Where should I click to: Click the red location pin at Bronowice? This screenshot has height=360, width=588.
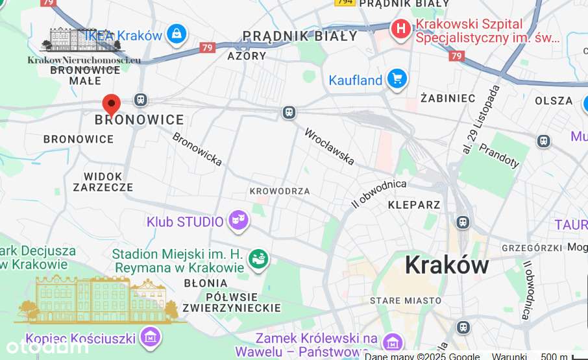click(x=112, y=104)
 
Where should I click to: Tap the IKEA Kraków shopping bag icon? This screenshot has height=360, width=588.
click(x=176, y=34)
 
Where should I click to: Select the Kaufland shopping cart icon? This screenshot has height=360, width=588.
click(x=397, y=80)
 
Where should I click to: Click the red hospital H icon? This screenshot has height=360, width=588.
click(x=401, y=29)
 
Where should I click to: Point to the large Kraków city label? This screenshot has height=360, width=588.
click(x=447, y=265)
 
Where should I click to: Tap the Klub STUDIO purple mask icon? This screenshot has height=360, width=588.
click(x=238, y=222)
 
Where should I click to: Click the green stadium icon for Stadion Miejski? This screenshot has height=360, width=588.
click(x=258, y=259)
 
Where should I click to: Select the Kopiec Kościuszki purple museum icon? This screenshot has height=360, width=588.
click(x=151, y=337)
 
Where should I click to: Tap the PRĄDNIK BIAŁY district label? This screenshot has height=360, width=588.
click(x=300, y=36)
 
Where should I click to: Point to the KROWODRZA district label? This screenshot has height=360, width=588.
click(x=280, y=191)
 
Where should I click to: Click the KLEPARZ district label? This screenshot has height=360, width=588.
click(x=414, y=205)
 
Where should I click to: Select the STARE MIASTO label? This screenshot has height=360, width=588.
click(x=405, y=301)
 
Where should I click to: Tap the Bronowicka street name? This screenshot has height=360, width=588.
click(x=197, y=149)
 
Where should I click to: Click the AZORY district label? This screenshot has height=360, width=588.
click(x=247, y=56)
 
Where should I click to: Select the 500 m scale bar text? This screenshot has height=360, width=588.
click(x=554, y=356)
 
